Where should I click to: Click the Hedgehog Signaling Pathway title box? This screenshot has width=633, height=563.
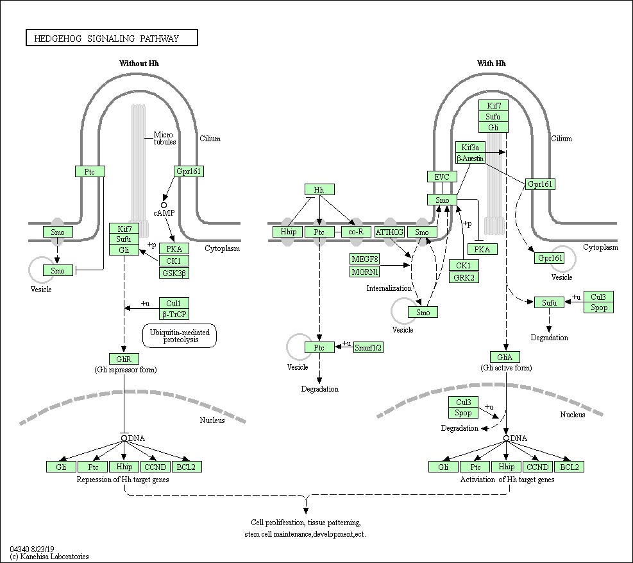click(112, 39)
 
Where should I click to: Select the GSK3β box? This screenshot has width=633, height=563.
click(174, 273)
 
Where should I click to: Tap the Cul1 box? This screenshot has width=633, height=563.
click(174, 303)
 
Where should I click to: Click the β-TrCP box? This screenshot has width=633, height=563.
click(174, 314)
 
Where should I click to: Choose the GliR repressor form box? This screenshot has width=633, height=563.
click(123, 358)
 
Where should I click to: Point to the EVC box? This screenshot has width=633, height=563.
click(442, 177)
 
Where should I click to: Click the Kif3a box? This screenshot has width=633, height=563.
click(470, 147)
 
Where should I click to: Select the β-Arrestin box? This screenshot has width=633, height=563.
click(470, 158)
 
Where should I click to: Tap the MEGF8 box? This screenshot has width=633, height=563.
click(364, 259)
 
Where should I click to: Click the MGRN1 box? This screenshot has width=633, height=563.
click(364, 272)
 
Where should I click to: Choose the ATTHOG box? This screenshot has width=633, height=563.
click(389, 232)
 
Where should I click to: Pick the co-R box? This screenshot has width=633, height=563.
click(352, 232)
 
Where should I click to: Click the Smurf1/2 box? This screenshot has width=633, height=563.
click(368, 347)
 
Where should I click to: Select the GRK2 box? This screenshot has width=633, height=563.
click(462, 277)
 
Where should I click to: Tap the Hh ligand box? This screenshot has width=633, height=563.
click(319, 189)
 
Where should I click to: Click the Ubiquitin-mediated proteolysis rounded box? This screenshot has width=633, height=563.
click(180, 336)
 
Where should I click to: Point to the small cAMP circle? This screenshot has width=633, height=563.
click(164, 205)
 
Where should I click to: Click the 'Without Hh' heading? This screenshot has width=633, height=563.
click(139, 64)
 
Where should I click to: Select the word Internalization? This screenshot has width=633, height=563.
click(389, 288)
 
